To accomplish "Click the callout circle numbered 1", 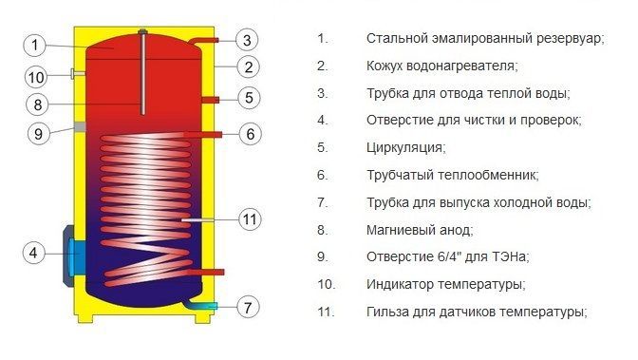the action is click(34, 45).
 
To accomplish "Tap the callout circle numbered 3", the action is click(247, 40).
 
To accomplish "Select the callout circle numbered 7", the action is click(248, 307).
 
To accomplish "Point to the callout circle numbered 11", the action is click(250, 219).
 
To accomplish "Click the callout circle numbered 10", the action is click(36, 77).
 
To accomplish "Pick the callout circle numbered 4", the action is click(33, 253).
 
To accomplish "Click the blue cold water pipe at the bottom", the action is click(202, 305).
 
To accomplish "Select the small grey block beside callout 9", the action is click(80, 126).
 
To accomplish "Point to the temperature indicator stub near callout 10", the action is click(78, 74).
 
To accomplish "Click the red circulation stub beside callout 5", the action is click(211, 100).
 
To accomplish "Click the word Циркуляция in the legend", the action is click(405, 147).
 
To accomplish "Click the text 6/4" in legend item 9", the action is click(449, 256).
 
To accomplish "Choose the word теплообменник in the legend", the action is click(488, 175).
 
